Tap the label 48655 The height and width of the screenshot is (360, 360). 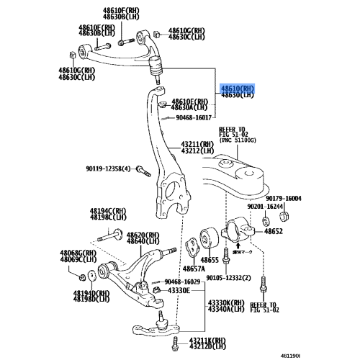pyautogui.click(x=210, y=259)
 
